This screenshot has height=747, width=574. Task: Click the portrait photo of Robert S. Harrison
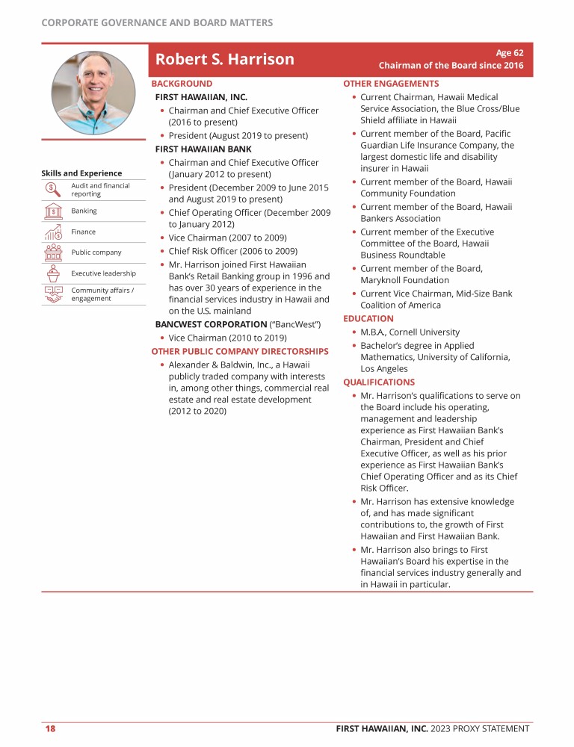coord(93,93)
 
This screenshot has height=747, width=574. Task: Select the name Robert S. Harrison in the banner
coord(224,59)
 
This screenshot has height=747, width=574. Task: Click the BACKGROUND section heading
coord(182,84)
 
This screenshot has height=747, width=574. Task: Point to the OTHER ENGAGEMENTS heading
coord(391,84)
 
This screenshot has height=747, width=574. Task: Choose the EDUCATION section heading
coord(368,318)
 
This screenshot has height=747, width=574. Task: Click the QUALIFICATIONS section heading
coord(379,382)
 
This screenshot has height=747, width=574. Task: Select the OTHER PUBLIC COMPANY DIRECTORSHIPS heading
coord(240,351)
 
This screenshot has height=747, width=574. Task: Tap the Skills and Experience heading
coord(81,173)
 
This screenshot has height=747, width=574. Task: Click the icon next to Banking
coord(53,211)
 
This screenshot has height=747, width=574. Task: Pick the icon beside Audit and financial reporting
coord(53,190)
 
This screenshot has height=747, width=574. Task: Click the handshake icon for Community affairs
coord(53,294)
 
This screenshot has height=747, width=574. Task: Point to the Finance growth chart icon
coord(53,232)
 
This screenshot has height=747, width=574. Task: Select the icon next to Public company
coord(53,252)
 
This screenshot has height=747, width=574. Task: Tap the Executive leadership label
coord(103,273)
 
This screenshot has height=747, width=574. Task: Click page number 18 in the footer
coord(50,728)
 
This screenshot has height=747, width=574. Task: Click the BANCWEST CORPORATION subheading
coord(211,324)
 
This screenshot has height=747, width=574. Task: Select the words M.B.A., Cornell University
coord(410,332)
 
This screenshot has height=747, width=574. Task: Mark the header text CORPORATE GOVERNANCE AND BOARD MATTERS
coord(157,22)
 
